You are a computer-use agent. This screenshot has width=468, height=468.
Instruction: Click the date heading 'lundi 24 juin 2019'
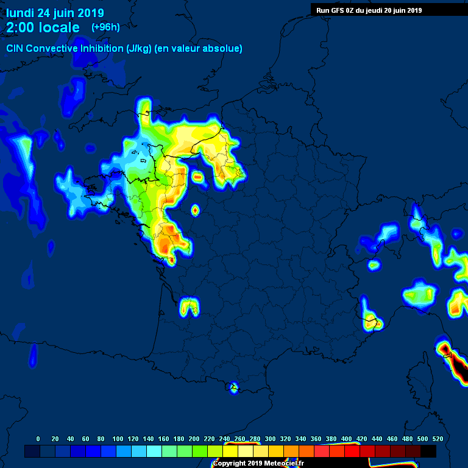point(55,13)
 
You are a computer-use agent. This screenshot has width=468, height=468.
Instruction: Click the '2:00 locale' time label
point(43,27)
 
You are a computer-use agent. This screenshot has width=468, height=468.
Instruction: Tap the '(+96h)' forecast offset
point(105,27)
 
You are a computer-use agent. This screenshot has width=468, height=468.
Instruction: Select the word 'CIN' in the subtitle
point(15,48)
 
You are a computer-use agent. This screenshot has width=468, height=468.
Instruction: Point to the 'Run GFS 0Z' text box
point(369,10)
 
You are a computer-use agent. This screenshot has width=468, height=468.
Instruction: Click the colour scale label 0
point(38,439)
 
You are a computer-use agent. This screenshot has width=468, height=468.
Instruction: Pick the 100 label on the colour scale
point(117,439)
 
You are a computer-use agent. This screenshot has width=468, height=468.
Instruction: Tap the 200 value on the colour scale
point(194,439)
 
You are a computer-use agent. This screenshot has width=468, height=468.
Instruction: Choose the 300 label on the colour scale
point(270,439)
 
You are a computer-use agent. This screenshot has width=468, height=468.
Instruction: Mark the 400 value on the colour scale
point(346,439)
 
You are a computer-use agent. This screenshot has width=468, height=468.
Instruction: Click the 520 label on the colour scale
point(438,439)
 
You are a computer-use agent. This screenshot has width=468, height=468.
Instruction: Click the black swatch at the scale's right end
point(428,452)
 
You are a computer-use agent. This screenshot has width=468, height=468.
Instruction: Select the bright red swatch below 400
point(352,452)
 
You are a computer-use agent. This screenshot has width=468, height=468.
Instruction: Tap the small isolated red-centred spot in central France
point(195,210)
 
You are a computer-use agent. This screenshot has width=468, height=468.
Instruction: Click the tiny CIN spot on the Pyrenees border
point(234,386)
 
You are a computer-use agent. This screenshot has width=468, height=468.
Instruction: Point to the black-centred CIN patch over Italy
point(446,351)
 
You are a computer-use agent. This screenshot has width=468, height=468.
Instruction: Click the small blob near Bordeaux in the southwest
point(190,306)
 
